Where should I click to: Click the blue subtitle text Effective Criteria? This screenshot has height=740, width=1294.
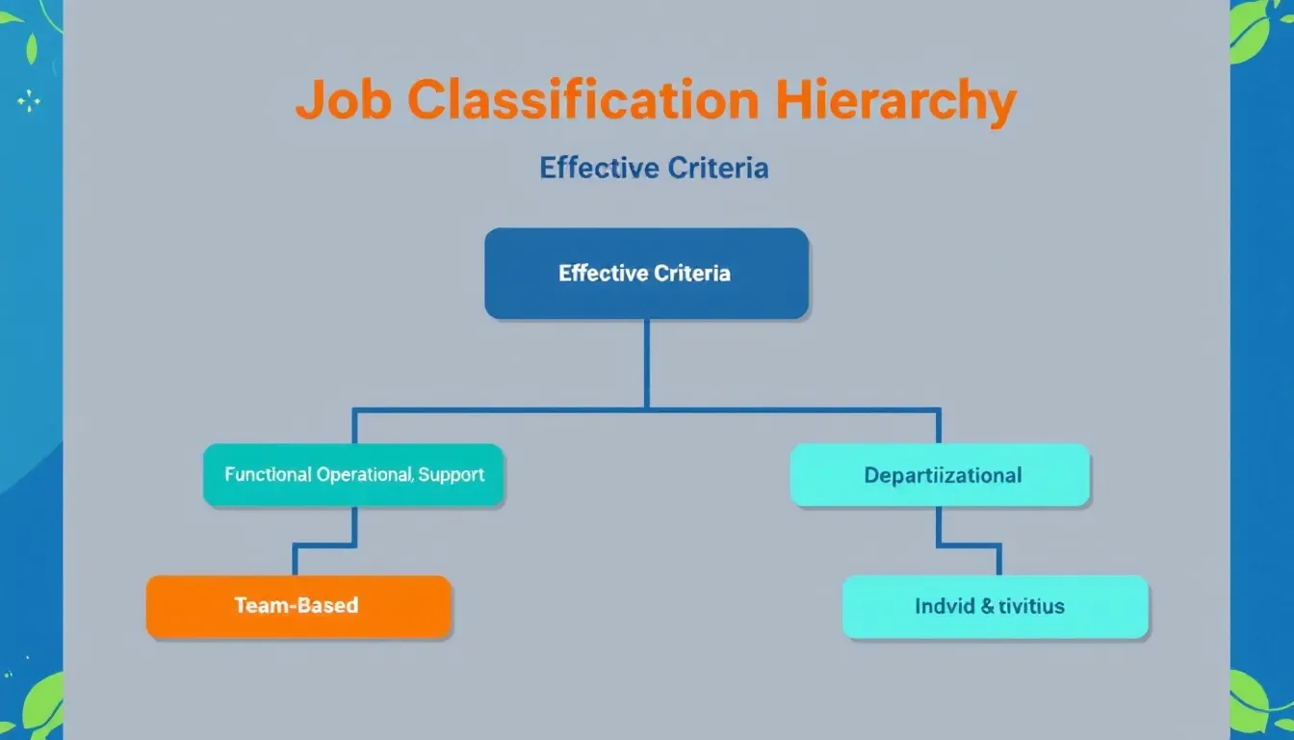click(x=654, y=169)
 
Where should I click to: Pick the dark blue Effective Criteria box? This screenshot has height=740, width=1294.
click(x=645, y=274)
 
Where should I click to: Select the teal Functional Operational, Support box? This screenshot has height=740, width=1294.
click(x=353, y=475)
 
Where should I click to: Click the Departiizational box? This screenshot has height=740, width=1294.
click(x=940, y=475)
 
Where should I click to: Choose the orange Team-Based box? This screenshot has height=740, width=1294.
click(x=298, y=606)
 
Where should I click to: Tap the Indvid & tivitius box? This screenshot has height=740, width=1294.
click(x=995, y=606)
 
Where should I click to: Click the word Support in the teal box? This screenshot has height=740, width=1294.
click(x=452, y=474)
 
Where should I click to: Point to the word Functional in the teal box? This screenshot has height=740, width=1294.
click(x=268, y=474)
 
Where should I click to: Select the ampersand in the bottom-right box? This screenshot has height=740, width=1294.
click(x=987, y=606)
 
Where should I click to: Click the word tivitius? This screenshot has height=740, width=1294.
click(x=1030, y=606)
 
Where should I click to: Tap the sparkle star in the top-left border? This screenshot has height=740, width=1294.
click(x=29, y=100)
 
